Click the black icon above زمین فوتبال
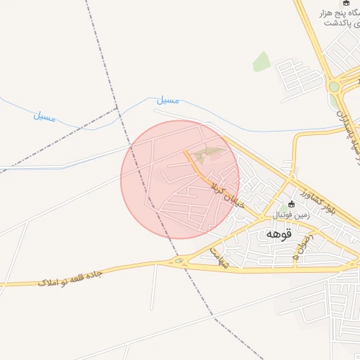[291, 204]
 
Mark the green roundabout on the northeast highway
[334, 86]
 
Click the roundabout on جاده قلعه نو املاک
[179, 262]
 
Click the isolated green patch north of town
[262, 62]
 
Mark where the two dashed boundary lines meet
[118, 110]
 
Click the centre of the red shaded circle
[180, 179]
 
